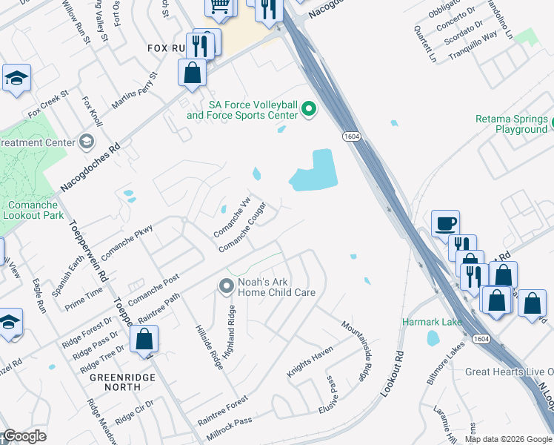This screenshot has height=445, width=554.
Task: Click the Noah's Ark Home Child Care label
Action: [276, 287]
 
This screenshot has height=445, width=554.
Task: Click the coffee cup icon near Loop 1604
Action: [445, 223]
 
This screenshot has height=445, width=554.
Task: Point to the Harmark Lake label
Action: [432, 322]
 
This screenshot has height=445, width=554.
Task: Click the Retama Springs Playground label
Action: [512, 124]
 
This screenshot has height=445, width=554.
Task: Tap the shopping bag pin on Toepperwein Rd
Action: [144, 339]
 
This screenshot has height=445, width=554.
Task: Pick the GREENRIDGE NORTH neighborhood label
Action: [115, 381]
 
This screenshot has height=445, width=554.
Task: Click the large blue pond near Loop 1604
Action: [315, 172]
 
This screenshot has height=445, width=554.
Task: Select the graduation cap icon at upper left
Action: [16, 78]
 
